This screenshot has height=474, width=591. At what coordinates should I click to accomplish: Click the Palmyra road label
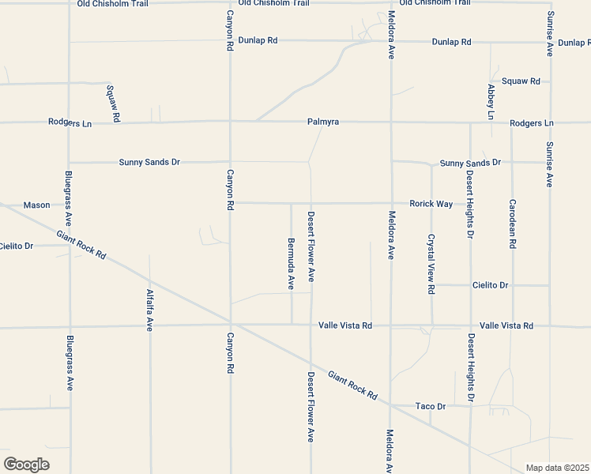click(x=323, y=122)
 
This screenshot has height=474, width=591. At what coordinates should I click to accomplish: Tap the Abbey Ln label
click(x=491, y=101)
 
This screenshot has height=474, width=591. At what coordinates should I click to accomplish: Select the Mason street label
click(x=36, y=205)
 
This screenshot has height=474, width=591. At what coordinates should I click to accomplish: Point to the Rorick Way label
click(x=431, y=204)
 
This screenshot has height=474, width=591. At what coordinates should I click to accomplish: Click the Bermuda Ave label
click(x=291, y=261)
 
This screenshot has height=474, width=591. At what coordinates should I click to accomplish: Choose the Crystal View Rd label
click(x=431, y=264)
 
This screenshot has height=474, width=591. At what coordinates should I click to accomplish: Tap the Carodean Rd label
click(x=512, y=224)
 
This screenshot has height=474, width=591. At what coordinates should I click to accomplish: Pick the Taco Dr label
click(x=431, y=406)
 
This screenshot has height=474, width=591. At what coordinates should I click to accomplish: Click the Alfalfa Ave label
click(x=149, y=310)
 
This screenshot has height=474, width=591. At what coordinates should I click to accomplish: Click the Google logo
click(x=26, y=465)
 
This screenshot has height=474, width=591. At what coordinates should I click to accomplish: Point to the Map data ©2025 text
click(x=557, y=468)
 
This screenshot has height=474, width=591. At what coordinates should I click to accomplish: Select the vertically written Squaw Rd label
click(x=114, y=103)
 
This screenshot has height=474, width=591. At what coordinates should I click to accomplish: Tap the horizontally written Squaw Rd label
click(x=521, y=81)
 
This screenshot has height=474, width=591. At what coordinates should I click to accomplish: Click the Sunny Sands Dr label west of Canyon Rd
click(x=149, y=162)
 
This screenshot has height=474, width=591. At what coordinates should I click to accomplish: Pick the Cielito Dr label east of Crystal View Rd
click(x=490, y=284)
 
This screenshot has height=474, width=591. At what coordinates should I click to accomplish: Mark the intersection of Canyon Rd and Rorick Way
click(x=230, y=203)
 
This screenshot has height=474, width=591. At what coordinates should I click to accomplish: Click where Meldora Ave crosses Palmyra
click(x=391, y=122)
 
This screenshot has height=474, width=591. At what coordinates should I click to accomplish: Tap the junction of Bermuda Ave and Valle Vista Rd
click(x=292, y=325)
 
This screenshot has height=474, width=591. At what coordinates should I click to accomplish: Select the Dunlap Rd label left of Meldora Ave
click(x=258, y=39)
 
